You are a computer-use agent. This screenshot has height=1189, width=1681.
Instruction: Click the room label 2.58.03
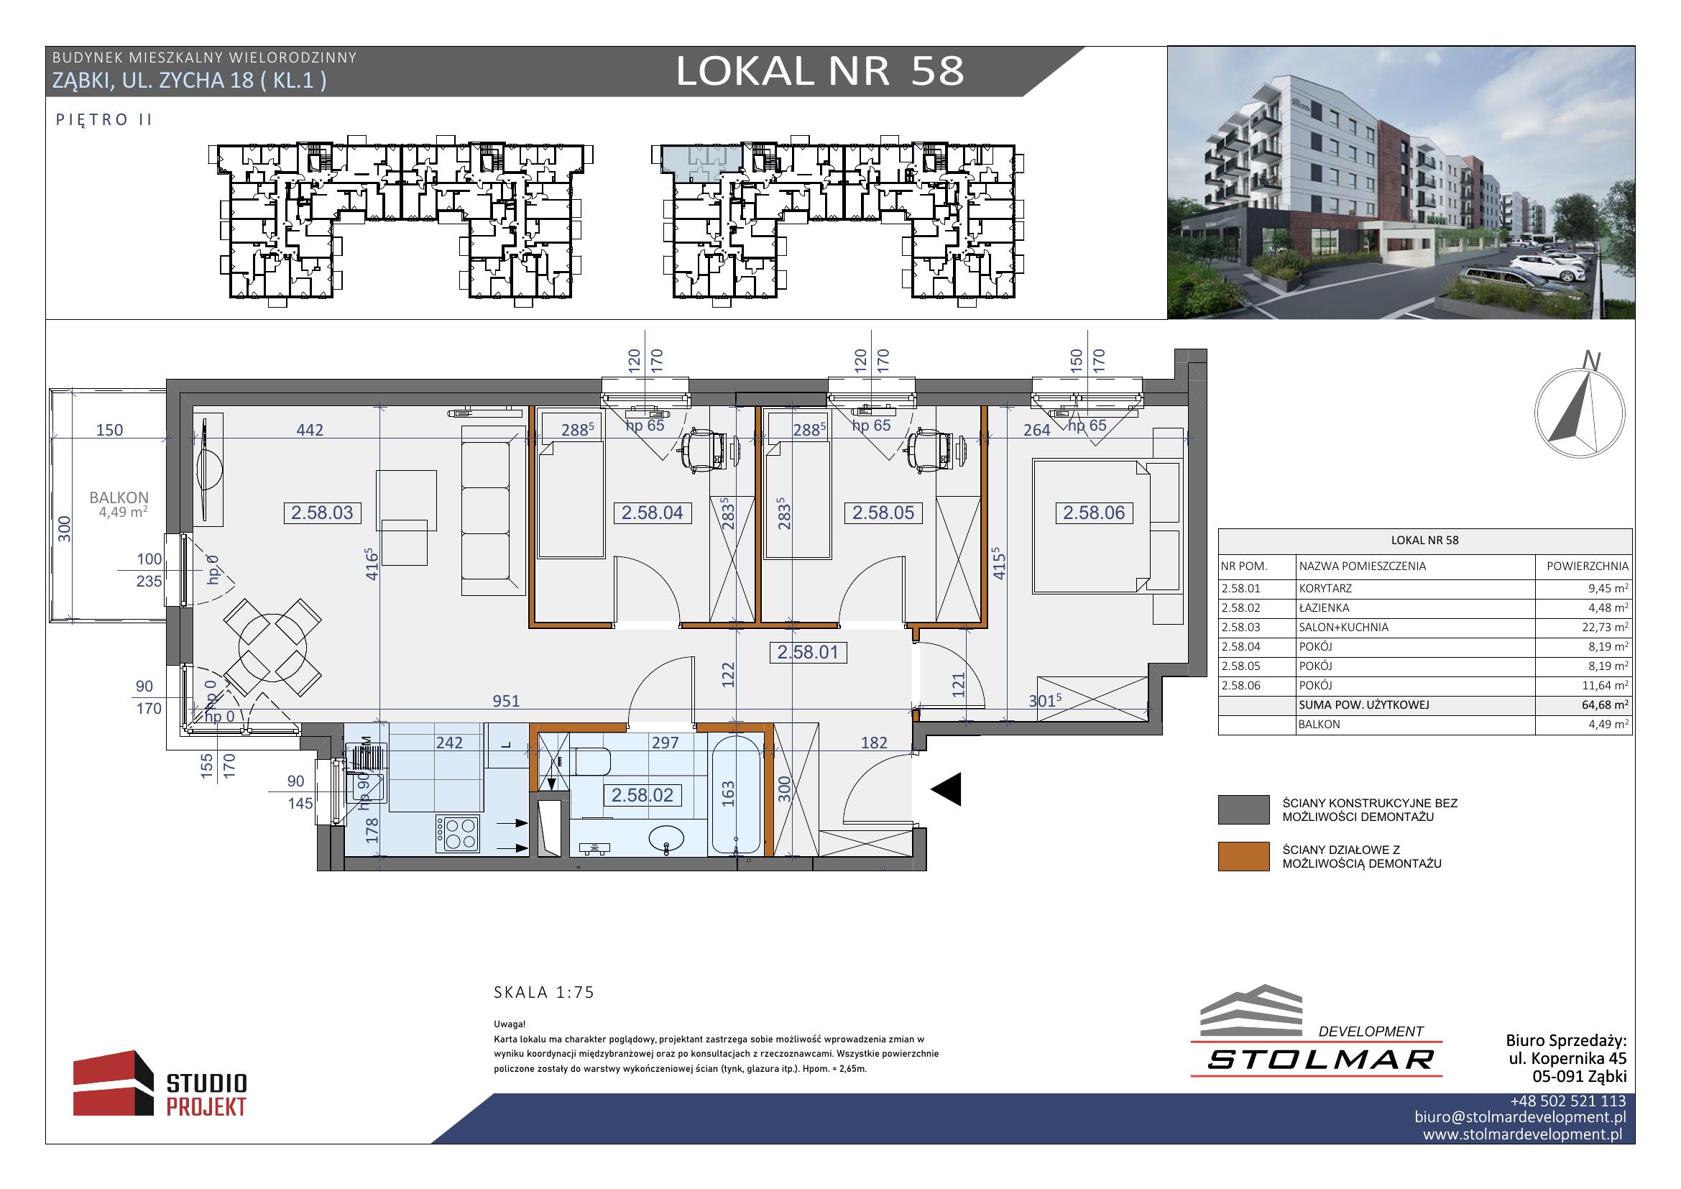tap(322, 513)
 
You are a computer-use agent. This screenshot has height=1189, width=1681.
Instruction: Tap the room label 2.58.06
tap(1094, 513)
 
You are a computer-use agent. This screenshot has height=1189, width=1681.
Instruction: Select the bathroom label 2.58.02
tap(642, 795)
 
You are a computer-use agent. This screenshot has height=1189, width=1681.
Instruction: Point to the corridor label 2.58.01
tap(808, 651)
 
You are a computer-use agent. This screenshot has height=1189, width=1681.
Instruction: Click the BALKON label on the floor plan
tap(119, 498)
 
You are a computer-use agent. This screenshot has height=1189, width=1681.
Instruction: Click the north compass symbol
tap(1579, 412)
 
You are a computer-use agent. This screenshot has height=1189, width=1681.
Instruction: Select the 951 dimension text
tap(506, 701)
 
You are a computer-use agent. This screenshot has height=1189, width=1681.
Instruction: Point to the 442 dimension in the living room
tap(310, 430)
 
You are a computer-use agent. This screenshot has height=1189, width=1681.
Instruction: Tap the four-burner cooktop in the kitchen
tap(458, 833)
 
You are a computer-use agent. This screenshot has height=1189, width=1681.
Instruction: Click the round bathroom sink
tap(666, 838)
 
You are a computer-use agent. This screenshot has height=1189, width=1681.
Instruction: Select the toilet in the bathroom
tap(591, 761)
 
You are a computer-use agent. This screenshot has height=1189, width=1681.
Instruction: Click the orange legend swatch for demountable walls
tap(1243, 857)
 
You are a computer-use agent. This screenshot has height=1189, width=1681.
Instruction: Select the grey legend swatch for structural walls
tap(1243, 809)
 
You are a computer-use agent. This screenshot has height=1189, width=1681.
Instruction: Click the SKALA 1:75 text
tap(544, 993)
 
